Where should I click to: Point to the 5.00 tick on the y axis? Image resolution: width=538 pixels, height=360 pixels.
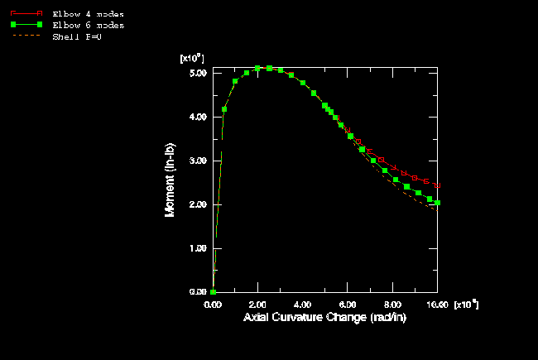click(x=197, y=73)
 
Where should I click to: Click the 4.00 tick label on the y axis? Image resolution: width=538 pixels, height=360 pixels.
click(x=197, y=117)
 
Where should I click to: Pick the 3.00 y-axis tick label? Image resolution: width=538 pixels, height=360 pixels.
click(x=197, y=161)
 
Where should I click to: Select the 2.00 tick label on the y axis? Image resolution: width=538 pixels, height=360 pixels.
click(x=197, y=204)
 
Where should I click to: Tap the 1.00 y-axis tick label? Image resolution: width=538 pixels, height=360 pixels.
click(x=197, y=248)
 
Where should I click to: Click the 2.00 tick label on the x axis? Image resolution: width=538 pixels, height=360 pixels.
click(x=258, y=305)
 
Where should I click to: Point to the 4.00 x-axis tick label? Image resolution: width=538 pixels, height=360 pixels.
click(x=303, y=305)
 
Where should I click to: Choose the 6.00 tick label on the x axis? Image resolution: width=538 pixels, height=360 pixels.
click(x=348, y=305)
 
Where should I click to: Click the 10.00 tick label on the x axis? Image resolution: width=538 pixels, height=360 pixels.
click(x=436, y=305)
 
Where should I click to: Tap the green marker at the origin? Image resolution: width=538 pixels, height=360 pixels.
click(x=214, y=291)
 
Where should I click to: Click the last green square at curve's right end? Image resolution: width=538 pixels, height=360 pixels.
click(x=437, y=203)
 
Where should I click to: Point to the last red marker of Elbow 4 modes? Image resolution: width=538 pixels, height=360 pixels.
click(x=437, y=185)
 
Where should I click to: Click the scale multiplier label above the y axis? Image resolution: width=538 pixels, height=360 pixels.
click(x=192, y=58)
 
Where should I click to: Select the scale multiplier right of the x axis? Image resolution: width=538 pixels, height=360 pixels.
click(x=465, y=305)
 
